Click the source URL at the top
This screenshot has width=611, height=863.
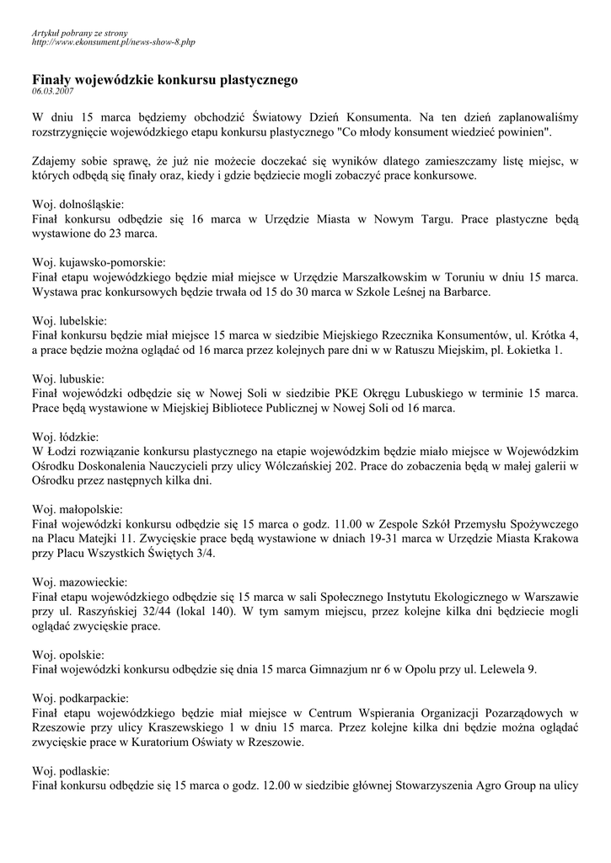point(114,40)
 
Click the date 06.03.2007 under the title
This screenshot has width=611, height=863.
point(52,89)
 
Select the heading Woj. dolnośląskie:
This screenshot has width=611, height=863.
point(78,205)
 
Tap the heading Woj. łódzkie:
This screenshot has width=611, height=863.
point(67,437)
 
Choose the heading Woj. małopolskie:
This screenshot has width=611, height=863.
point(78,510)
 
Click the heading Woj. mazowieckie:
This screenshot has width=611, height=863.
point(80,582)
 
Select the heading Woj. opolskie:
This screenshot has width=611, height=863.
point(68,655)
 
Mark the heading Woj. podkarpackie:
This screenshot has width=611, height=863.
point(81,699)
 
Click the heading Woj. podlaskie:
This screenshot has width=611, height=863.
point(72,771)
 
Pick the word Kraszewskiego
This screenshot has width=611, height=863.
point(184,728)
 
